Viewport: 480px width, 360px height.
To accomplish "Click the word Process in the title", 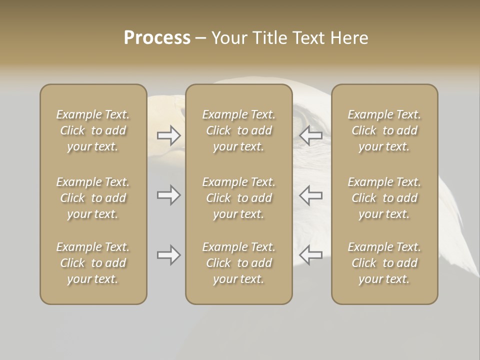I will (157, 38).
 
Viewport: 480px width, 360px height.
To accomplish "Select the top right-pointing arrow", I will (168, 135).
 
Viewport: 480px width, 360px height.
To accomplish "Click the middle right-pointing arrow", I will (168, 195).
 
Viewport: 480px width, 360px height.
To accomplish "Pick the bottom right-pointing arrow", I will (168, 255).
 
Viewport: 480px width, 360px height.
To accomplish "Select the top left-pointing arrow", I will (310, 135).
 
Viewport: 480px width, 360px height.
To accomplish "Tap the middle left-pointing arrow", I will (310, 195).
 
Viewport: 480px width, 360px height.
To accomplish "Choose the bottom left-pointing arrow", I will (310, 255).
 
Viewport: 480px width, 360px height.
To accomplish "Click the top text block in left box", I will (93, 130).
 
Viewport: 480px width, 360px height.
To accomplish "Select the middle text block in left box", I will (93, 198).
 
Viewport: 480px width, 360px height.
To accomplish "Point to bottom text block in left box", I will (93, 263).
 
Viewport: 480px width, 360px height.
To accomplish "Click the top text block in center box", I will (238, 130).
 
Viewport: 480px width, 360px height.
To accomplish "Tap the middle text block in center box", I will (238, 198).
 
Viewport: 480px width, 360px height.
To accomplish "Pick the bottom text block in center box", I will (238, 263).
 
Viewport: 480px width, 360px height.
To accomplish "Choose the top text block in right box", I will (384, 130).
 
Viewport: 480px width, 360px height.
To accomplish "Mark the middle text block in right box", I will (384, 198).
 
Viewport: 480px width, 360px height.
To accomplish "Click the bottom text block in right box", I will (384, 263).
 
